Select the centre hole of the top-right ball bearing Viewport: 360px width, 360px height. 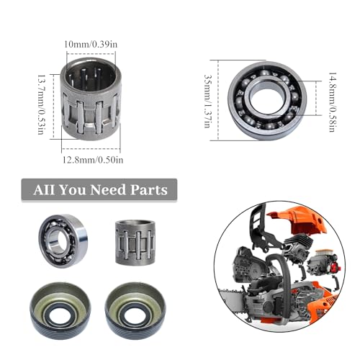[x=267, y=99]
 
